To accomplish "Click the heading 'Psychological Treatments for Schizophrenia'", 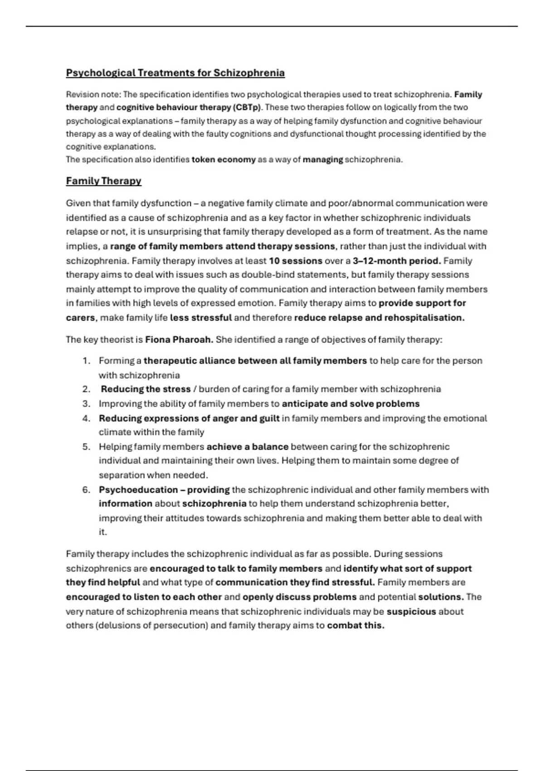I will coord(175,73).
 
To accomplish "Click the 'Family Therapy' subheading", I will coord(103,181).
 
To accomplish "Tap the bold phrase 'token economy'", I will coord(223,160).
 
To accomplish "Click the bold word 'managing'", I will coord(322,160).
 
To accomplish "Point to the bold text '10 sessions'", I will coord(295,261).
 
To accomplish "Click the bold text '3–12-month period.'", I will coord(397,261).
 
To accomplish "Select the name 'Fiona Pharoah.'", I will coord(179,340).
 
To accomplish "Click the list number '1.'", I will coord(87,361).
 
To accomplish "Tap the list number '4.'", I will coord(87,418).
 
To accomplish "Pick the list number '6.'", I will coord(87,490).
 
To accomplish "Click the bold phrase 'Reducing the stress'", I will coord(146,389).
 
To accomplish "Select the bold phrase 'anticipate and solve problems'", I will coord(350,404).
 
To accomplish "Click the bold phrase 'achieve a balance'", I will coord(247,447).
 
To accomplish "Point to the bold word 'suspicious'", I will coord(411,611).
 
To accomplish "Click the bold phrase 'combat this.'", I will coord(355,625).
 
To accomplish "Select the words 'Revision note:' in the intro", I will coord(93,95).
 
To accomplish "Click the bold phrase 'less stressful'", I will coord(201,318).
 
